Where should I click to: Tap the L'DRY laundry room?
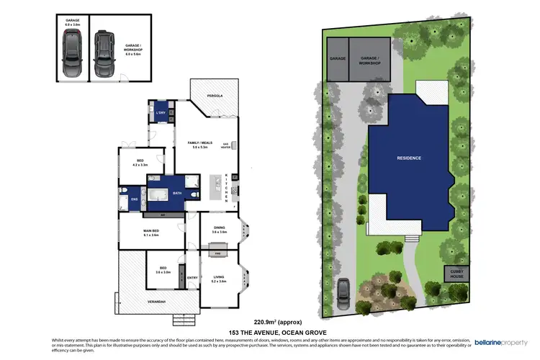click(161, 112)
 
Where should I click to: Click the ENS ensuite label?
click(134, 198)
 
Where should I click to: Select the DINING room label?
click(219, 230)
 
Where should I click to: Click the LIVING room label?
click(219, 279)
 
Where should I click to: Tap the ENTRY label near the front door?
click(192, 278)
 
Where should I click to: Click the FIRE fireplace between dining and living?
click(217, 253)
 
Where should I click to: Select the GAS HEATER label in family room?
click(225, 145)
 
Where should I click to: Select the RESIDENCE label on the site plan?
click(409, 157)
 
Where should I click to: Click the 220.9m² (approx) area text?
click(277, 321)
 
